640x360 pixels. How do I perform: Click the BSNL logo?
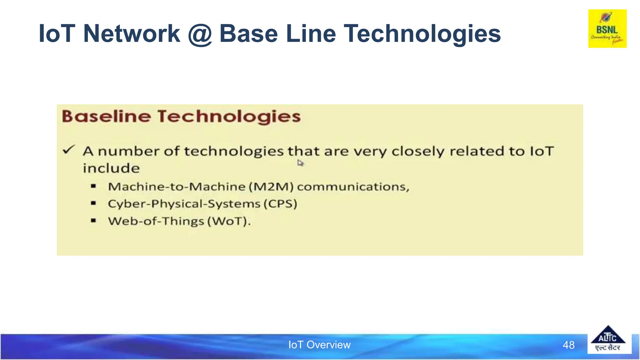607,29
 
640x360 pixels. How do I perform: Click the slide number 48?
568,345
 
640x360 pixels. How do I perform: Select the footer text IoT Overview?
319,345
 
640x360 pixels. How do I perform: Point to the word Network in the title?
132,33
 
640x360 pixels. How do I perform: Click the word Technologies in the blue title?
422,34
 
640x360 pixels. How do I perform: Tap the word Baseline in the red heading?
107,116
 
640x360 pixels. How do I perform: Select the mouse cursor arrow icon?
300,163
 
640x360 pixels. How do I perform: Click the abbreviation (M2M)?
271,187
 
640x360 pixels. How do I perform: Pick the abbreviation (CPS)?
280,204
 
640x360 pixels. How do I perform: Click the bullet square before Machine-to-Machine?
93,186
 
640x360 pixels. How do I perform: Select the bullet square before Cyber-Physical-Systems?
93,203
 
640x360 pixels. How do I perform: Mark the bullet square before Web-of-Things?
93,221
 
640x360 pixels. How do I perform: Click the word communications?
353,187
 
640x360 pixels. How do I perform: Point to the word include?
111,168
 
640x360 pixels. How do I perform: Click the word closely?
418,151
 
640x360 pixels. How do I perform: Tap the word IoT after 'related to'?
542,151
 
